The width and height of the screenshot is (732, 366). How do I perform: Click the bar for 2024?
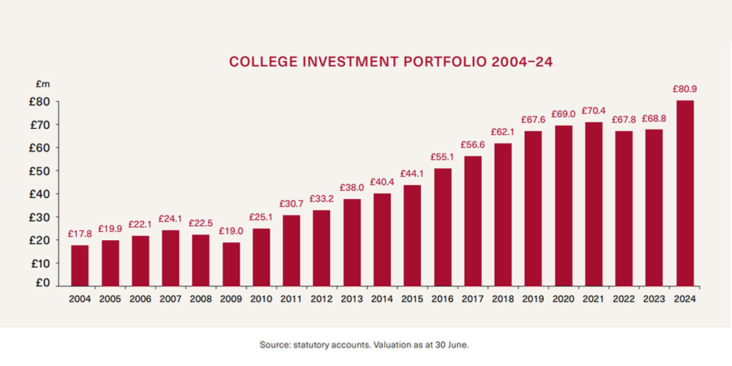pos(685,193)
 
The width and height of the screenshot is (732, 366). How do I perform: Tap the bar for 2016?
pos(443,226)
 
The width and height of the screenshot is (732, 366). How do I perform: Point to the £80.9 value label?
pos(685,89)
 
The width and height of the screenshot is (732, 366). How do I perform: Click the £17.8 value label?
pos(80,234)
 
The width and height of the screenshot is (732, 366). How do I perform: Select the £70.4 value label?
pos(594,111)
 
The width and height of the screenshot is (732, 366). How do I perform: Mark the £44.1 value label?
pos(413,173)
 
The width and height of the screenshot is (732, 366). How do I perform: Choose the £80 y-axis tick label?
pos(40,102)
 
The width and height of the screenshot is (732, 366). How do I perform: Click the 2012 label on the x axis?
pos(322,299)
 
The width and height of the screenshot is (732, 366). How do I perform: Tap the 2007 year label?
pos(171,299)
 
